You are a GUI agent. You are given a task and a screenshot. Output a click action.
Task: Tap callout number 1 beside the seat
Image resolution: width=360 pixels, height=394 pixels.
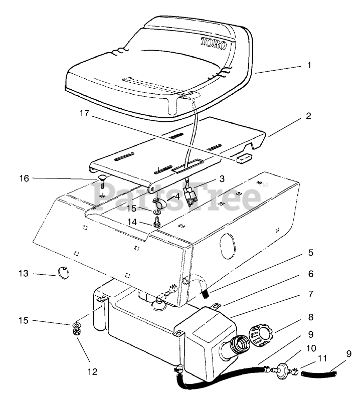coord(309,65)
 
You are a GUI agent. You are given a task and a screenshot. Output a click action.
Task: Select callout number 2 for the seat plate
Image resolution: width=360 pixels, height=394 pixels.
coord(309,116)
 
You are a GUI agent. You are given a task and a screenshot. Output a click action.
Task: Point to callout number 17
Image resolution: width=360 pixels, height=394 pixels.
coord(84,114)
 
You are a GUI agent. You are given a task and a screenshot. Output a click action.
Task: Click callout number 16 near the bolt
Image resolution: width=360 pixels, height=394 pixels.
coord(24,178)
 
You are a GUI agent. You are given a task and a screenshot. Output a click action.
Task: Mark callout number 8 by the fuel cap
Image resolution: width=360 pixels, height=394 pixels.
coord(310,317)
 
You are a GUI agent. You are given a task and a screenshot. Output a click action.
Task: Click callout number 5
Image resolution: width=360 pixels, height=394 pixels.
coord(310,252)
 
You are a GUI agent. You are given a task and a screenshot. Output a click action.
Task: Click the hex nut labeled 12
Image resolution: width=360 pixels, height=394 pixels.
coord(78,331)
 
